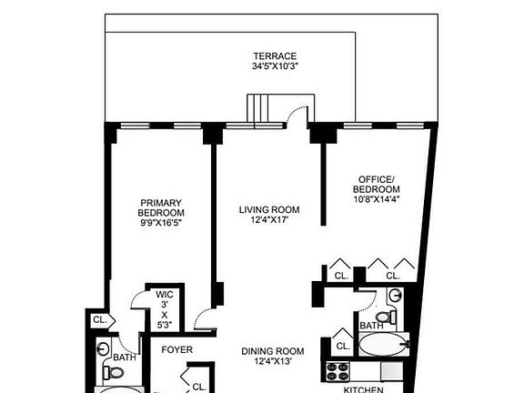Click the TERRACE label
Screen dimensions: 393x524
(275, 55)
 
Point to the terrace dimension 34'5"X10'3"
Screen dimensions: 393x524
(275, 66)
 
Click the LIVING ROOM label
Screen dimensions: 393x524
(269, 210)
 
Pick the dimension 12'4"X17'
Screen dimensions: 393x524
(269, 221)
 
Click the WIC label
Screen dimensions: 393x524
(165, 294)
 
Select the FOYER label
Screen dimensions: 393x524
(177, 350)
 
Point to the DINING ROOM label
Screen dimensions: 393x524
(272, 351)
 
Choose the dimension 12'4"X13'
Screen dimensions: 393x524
(272, 363)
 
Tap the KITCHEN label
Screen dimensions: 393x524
(362, 388)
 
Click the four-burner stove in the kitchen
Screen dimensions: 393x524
(338, 371)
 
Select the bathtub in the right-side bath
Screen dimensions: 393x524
(384, 346)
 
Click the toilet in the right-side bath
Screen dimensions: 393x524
(385, 318)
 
